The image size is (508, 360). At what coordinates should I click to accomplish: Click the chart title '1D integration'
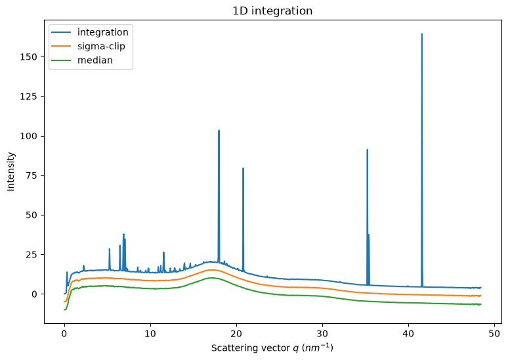click(x=272, y=11)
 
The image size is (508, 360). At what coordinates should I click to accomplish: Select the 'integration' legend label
click(x=102, y=32)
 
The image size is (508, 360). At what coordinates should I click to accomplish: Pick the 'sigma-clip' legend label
click(x=101, y=47)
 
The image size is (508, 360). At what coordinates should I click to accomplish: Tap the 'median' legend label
click(x=95, y=60)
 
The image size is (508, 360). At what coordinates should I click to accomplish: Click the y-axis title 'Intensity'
click(x=11, y=171)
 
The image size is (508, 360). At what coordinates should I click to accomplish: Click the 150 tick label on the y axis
click(x=28, y=56)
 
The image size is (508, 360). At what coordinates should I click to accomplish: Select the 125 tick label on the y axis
click(x=28, y=97)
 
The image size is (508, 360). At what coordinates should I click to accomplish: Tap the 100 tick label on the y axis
click(x=28, y=136)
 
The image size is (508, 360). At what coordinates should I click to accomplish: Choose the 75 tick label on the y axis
click(x=31, y=175)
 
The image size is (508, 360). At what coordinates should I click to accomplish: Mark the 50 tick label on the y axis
click(x=31, y=215)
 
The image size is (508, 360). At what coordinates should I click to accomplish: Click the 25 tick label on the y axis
click(x=31, y=255)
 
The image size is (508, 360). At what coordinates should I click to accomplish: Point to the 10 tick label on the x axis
click(x=150, y=334)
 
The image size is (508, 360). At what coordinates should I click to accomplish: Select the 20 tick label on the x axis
click(x=236, y=334)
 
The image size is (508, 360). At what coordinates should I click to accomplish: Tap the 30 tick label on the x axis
click(x=322, y=334)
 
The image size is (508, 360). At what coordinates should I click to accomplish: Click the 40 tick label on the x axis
click(x=408, y=334)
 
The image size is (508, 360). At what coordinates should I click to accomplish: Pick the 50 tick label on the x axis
click(x=494, y=334)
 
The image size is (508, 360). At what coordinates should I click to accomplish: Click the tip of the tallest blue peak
click(x=422, y=34)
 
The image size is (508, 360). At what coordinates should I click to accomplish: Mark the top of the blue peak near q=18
click(x=219, y=130)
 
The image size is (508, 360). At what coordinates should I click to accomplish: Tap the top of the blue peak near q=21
click(x=243, y=168)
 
